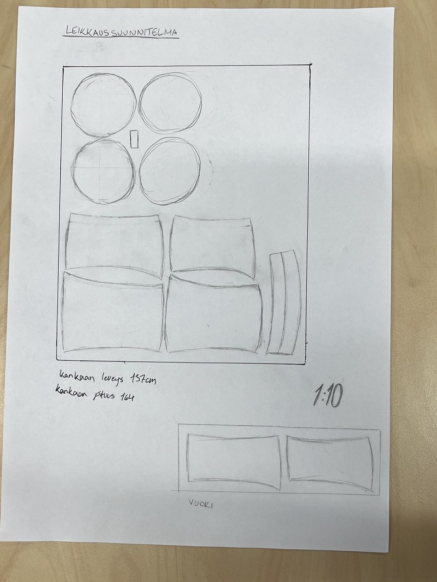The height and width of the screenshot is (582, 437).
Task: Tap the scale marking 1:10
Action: coord(328,397)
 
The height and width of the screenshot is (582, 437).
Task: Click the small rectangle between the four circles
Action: coord(134,139)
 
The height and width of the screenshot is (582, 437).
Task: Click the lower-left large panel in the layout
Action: coord(63,313)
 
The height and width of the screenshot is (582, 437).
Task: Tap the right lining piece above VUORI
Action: coord(288,459)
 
